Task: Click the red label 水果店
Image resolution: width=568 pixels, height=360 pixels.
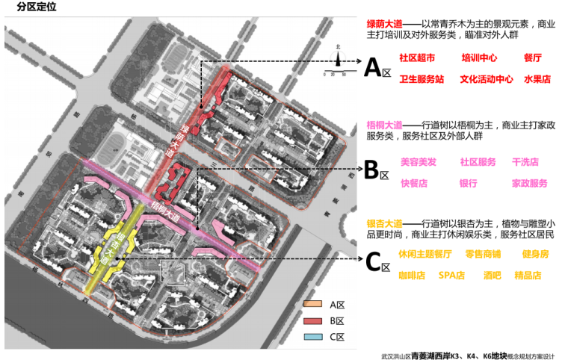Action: tap(537, 78)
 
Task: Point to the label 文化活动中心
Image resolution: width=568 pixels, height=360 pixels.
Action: tap(486, 78)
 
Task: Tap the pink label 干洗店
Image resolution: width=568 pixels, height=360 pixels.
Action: tap(525, 162)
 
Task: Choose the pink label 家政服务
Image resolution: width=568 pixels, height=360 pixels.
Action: tap(529, 183)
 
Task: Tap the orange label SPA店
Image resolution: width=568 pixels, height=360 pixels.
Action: tap(451, 275)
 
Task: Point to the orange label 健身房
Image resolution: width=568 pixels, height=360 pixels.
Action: tap(535, 254)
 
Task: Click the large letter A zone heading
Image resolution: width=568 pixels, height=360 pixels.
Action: tap(373, 68)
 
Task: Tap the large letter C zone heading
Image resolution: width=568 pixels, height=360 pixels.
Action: tap(373, 263)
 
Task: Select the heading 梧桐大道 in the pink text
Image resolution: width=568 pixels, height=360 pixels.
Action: tap(384, 124)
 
